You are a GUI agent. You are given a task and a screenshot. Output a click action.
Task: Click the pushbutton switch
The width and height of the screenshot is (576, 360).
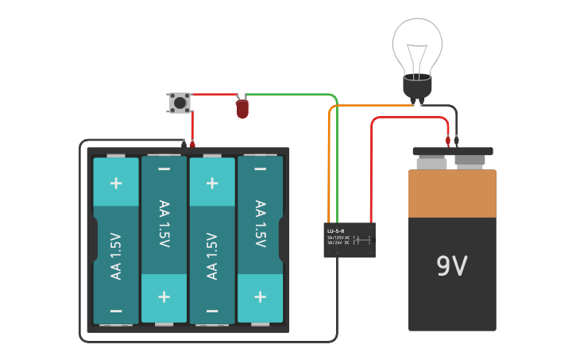click(180, 102)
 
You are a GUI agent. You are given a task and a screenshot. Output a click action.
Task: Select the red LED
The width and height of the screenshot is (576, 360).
click(242, 109)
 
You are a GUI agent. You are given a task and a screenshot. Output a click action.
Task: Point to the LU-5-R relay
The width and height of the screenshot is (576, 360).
click(350, 239)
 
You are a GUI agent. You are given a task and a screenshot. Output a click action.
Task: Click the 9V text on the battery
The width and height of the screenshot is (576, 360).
click(451, 266)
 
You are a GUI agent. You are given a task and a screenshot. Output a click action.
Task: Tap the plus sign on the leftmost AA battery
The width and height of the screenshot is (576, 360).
click(116, 183)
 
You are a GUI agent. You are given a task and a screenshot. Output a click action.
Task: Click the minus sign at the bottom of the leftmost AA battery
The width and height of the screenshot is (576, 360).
click(116, 311)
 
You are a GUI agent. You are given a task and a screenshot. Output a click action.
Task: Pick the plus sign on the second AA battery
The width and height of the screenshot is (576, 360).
click(164, 296)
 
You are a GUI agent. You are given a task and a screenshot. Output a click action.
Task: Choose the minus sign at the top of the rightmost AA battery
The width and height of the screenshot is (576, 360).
click(260, 169)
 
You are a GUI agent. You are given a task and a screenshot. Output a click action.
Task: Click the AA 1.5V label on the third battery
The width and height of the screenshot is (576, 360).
click(212, 255)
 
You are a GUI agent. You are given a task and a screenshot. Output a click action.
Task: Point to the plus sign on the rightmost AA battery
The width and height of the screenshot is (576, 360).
click(260, 296)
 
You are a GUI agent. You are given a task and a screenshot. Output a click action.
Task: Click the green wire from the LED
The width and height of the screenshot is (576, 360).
click(294, 95)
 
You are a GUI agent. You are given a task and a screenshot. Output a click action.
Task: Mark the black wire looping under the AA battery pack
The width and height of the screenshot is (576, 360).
click(207, 341)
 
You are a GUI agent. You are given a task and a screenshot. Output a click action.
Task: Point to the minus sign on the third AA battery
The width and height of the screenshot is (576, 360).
click(212, 311)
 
